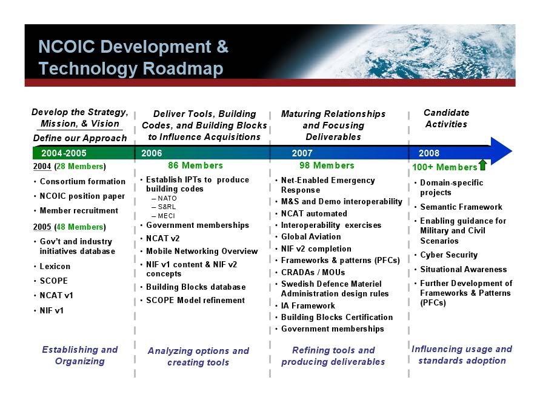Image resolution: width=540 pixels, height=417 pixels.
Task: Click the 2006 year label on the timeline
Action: point(151,153)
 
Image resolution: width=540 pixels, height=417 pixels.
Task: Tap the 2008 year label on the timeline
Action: point(428,153)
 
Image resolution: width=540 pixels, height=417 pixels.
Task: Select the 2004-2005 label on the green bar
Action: point(64,153)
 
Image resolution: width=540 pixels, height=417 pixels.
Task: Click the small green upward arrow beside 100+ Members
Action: point(483,165)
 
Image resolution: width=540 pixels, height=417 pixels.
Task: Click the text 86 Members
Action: point(195,165)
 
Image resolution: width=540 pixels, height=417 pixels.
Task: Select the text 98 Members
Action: point(327,165)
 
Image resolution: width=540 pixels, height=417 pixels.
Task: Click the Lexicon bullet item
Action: point(55,266)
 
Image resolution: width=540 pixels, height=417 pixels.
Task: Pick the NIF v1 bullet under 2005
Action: point(52,310)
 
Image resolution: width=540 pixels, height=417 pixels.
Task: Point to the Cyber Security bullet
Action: point(448,255)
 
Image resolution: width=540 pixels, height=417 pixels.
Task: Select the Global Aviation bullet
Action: point(311,236)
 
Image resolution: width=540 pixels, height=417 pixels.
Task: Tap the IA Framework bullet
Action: point(308,305)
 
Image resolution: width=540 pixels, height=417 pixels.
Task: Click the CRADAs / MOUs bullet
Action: point(313,272)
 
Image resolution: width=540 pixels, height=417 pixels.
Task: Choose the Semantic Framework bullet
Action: point(461,207)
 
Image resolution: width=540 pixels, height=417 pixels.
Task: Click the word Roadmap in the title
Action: point(183,68)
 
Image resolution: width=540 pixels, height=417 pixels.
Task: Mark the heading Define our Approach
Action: point(80,138)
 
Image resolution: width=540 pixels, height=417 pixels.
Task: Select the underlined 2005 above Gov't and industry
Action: point(42,227)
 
